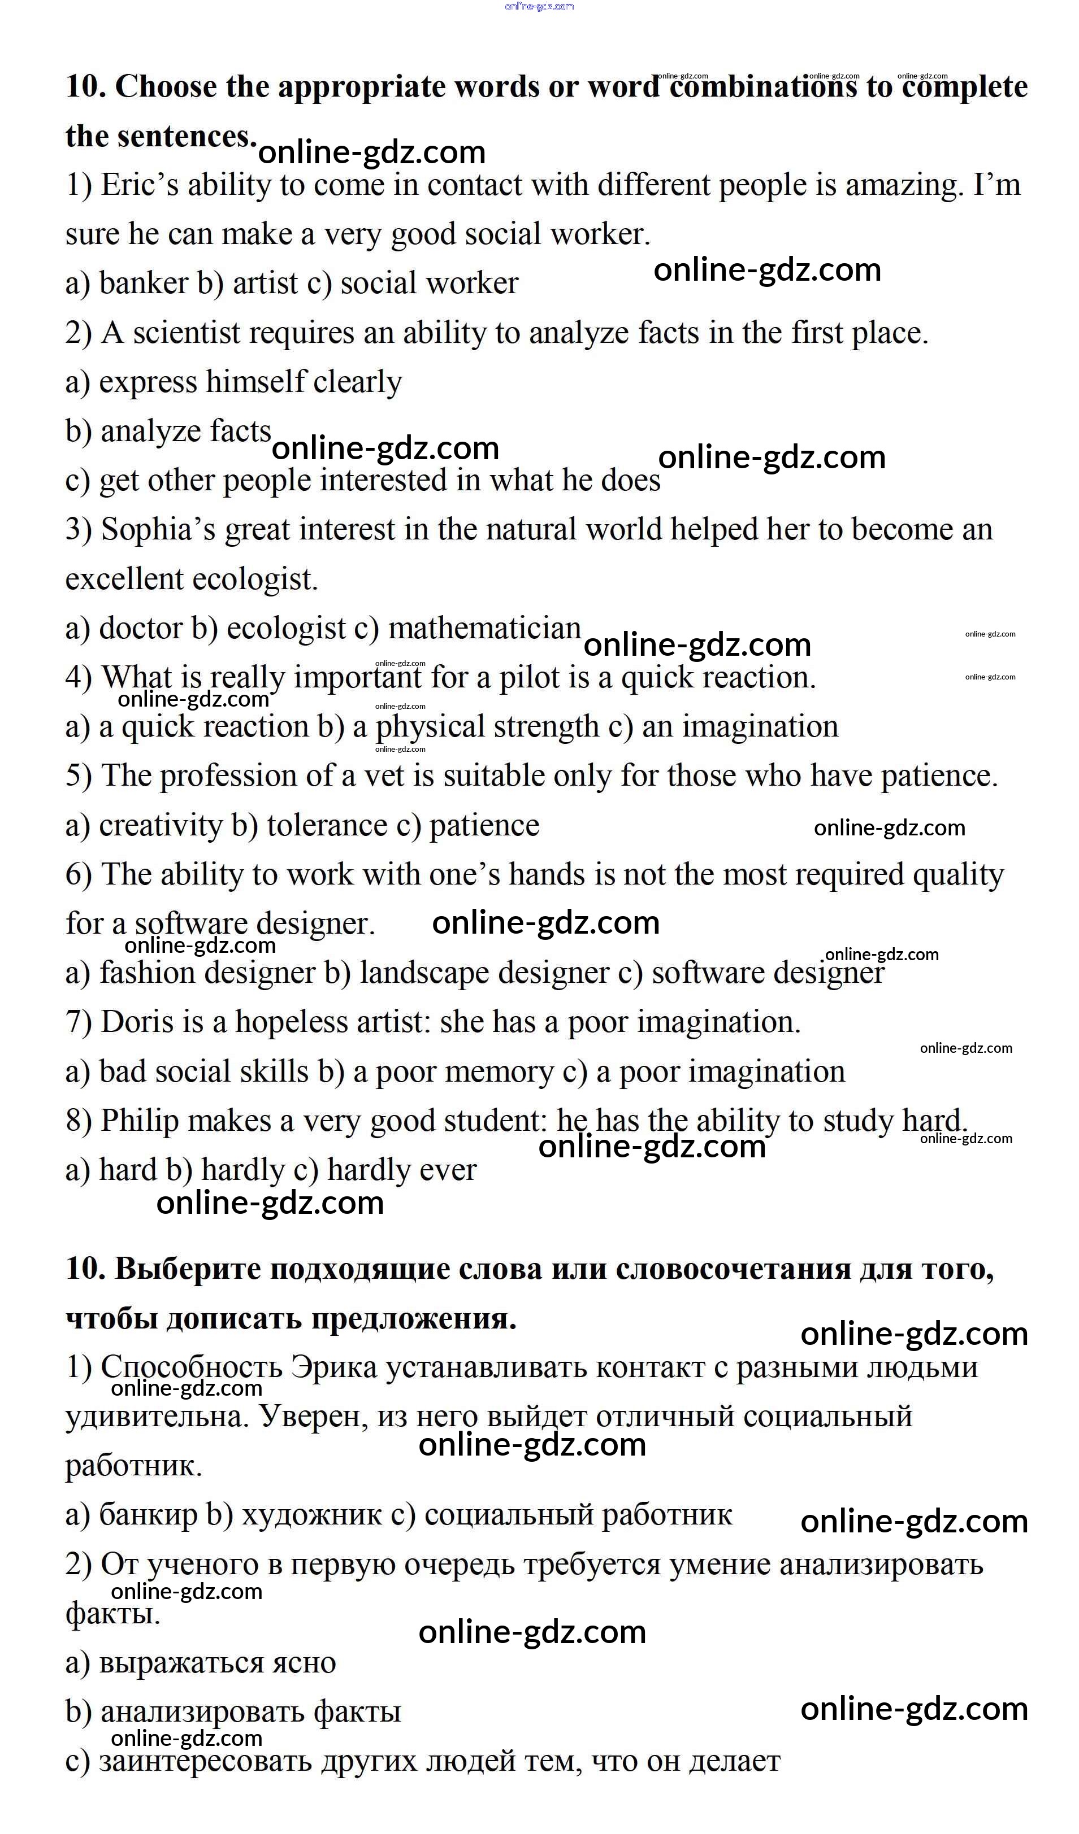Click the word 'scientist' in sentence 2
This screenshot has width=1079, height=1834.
point(187,333)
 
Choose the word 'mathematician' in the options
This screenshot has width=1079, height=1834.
point(484,628)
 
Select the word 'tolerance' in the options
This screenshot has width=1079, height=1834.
point(327,825)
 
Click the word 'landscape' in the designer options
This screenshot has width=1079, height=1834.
point(424,974)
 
